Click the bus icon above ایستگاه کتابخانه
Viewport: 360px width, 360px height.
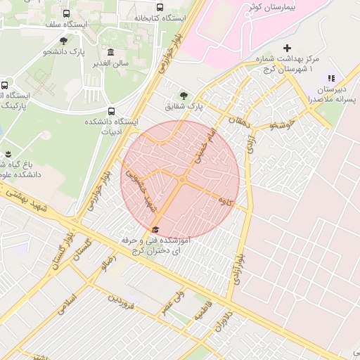click(160, 7)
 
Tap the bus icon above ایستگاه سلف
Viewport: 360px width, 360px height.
click(66, 13)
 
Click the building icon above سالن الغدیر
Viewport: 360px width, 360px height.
click(110, 52)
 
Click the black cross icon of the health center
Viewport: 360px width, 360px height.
click(286, 48)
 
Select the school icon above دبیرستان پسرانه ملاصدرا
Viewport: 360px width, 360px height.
click(331, 78)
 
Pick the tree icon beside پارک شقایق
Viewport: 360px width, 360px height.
click(184, 95)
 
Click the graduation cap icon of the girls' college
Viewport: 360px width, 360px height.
click(155, 229)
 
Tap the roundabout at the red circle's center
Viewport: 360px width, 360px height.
click(181, 181)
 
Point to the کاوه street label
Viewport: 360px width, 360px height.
click(226, 201)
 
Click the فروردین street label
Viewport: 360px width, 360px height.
click(120, 302)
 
